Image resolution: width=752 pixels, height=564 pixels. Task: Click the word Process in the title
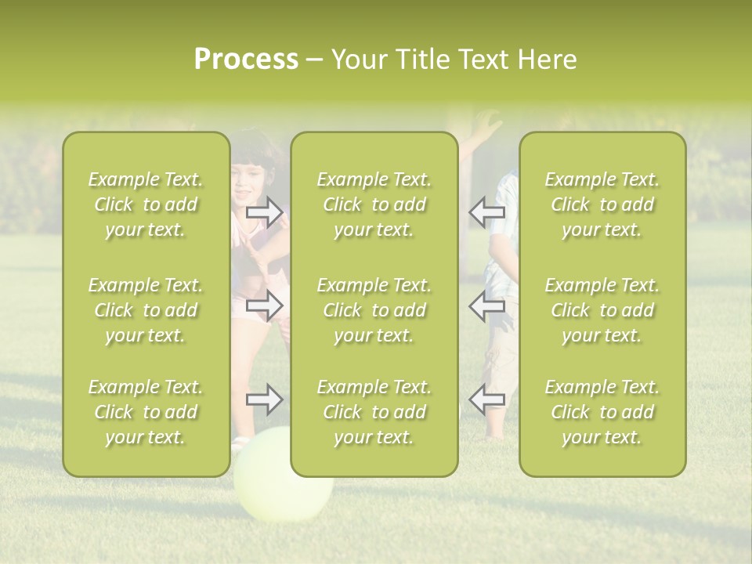click(246, 59)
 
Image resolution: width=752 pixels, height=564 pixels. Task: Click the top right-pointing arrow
click(265, 211)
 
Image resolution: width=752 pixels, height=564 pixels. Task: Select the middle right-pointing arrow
click(265, 305)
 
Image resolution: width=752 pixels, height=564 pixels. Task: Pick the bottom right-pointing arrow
click(265, 399)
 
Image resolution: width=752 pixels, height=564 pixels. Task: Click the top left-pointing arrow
click(486, 211)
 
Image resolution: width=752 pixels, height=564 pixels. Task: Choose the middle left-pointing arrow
click(486, 305)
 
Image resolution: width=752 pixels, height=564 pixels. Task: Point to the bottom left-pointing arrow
click(486, 399)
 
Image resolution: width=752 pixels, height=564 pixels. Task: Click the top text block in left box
click(146, 204)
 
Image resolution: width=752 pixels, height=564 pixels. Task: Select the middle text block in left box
click(146, 310)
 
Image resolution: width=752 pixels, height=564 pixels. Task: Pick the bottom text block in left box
click(146, 412)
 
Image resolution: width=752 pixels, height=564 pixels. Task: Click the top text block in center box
click(374, 204)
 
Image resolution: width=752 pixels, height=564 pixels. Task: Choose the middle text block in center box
click(374, 310)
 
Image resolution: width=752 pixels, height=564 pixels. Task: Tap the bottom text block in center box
click(374, 412)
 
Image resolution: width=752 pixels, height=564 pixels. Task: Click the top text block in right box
click(602, 204)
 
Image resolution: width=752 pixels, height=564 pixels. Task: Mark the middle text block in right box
click(602, 310)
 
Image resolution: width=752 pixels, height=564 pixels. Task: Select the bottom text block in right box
click(602, 412)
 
